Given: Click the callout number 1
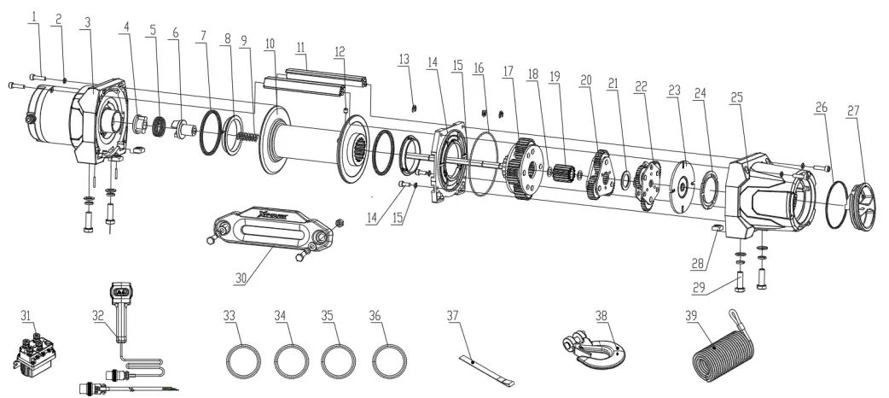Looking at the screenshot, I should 34,16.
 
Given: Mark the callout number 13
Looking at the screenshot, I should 404,59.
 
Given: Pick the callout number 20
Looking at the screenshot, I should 585,79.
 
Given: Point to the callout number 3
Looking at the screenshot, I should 86,22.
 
